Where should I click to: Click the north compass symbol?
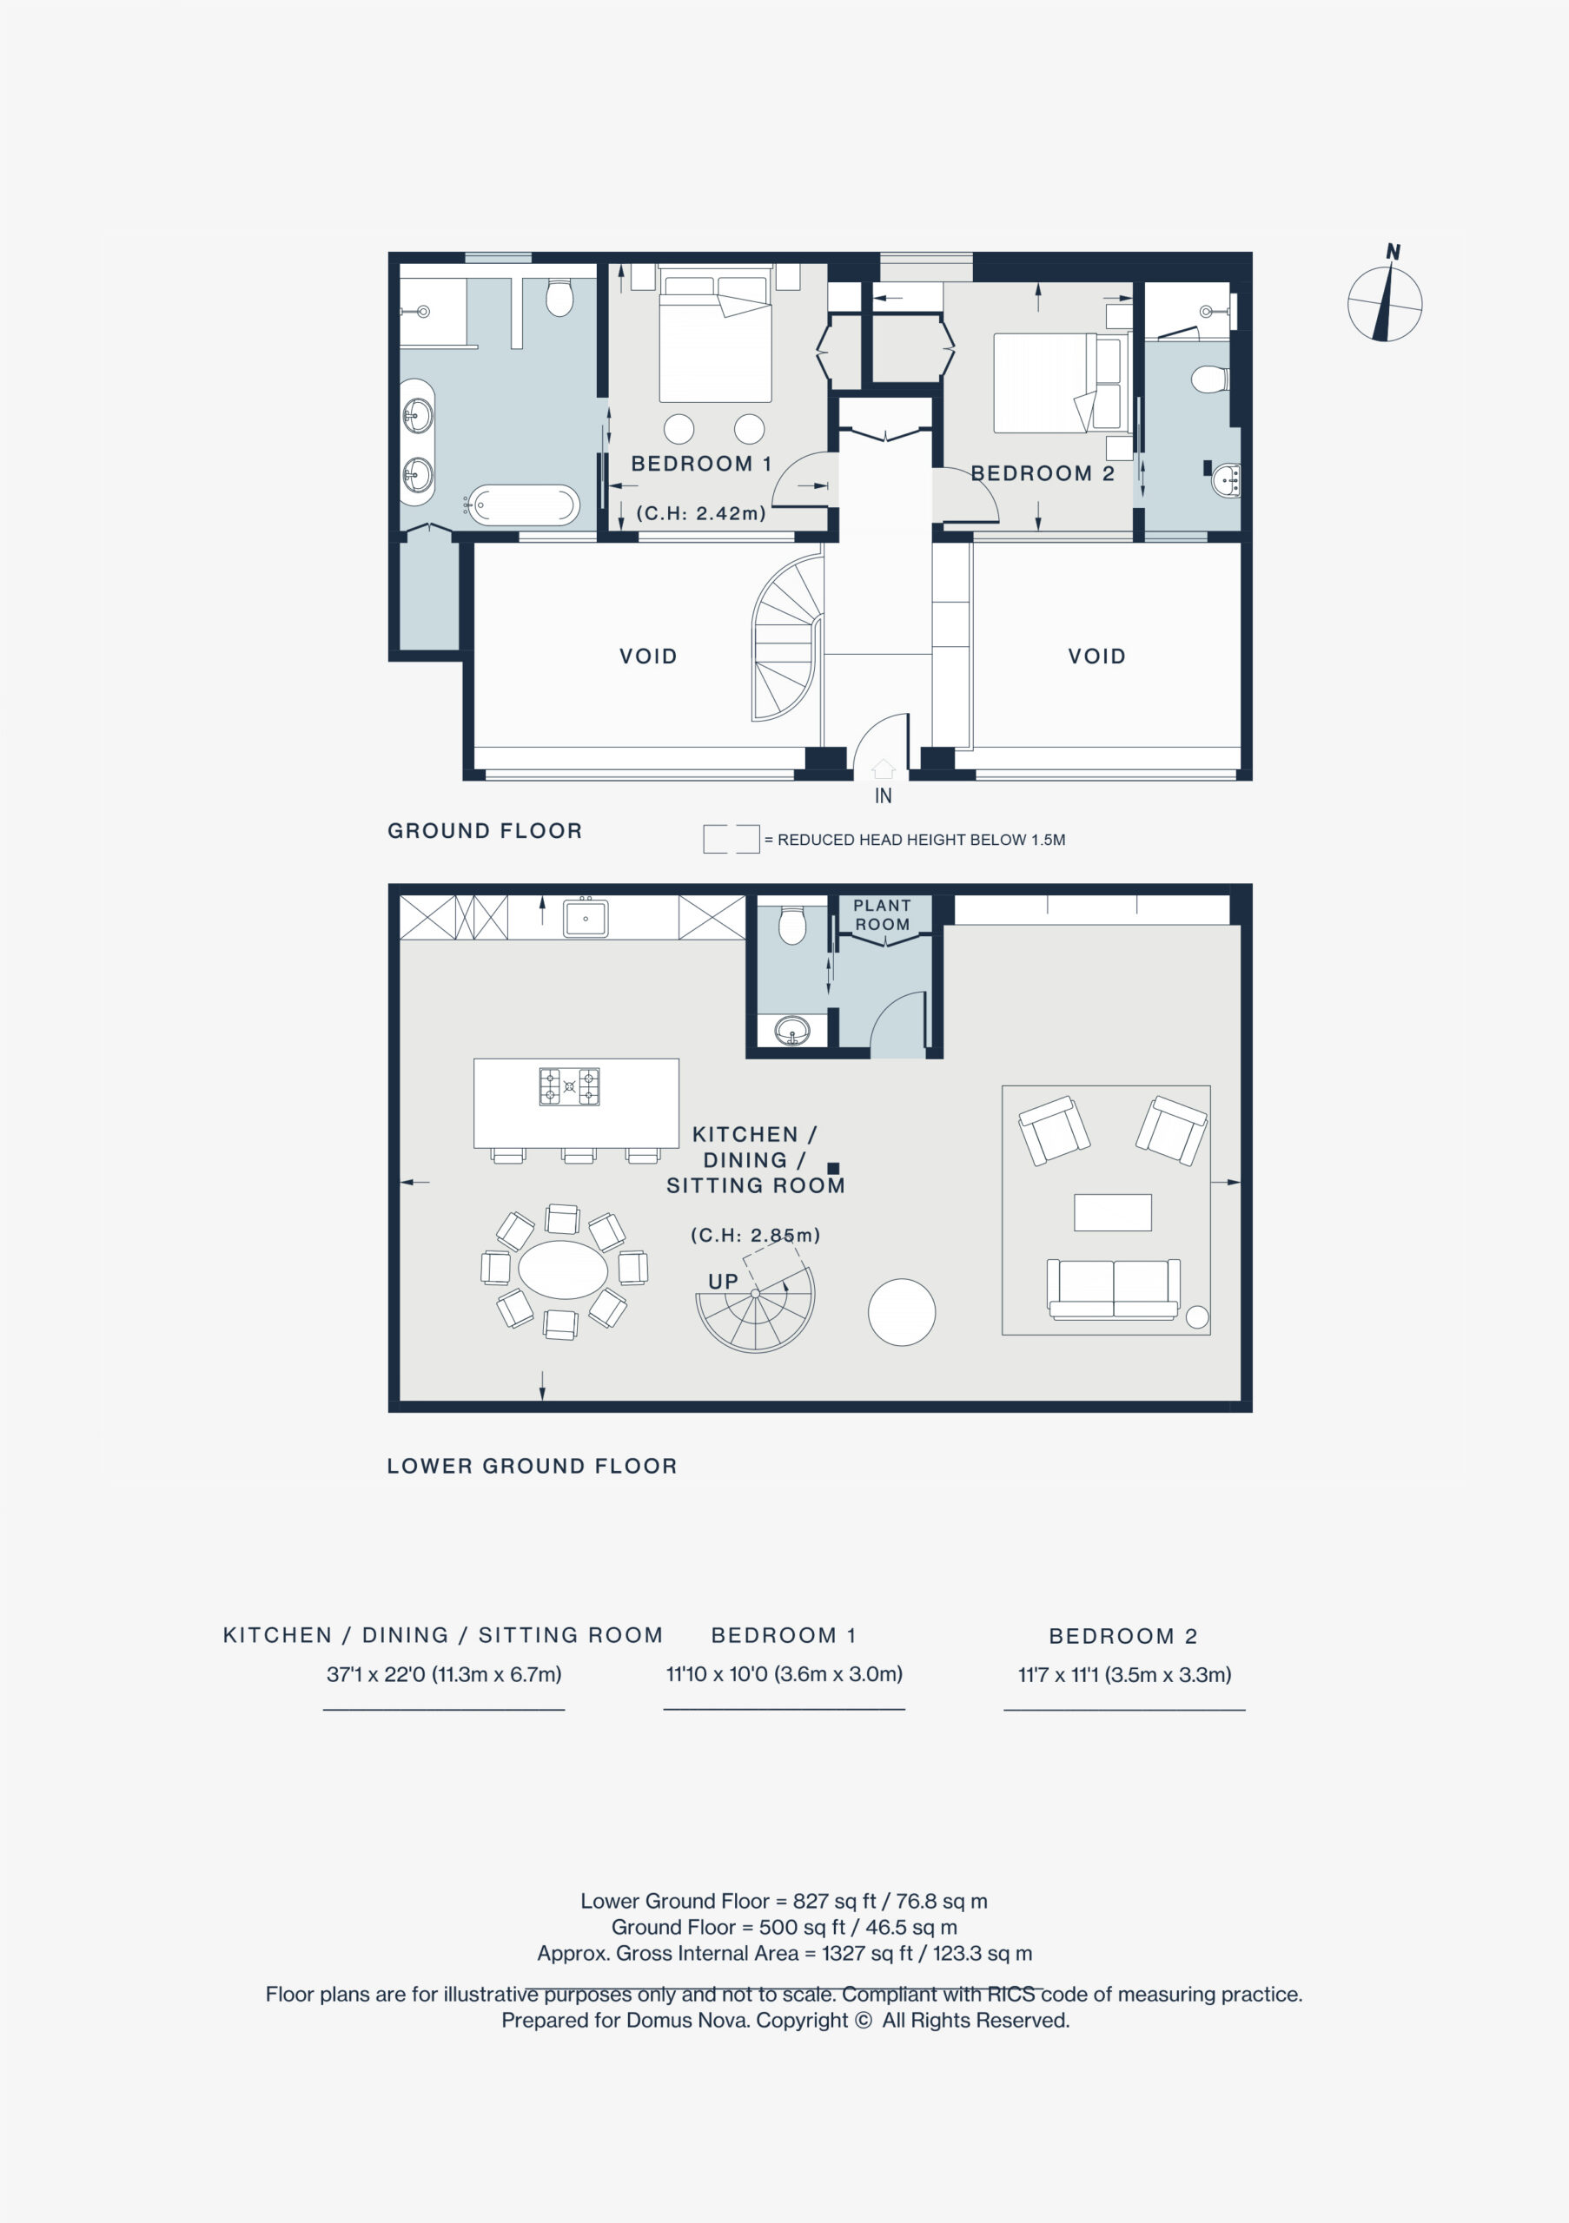point(1385,303)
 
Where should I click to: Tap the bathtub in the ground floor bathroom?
point(524,505)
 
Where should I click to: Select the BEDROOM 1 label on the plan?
point(701,464)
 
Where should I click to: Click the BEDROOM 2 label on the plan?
point(1043,473)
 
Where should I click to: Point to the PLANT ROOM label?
point(883,915)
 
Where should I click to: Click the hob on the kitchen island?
point(570,1086)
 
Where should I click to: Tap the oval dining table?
point(563,1269)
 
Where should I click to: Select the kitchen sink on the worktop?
point(586,918)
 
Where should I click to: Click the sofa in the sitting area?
point(1114,1289)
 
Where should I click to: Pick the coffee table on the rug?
point(1113,1212)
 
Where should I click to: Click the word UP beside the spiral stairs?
point(724,1282)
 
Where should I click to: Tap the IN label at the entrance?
point(884,796)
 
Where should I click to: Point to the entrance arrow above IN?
point(884,768)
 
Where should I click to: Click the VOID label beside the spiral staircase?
point(649,656)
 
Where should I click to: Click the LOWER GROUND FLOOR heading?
point(533,1466)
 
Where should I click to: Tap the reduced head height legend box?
point(732,839)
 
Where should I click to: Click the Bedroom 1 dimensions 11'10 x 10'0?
point(784,1674)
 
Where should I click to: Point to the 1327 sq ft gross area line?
point(784,1953)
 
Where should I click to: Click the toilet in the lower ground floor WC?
point(792,925)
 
